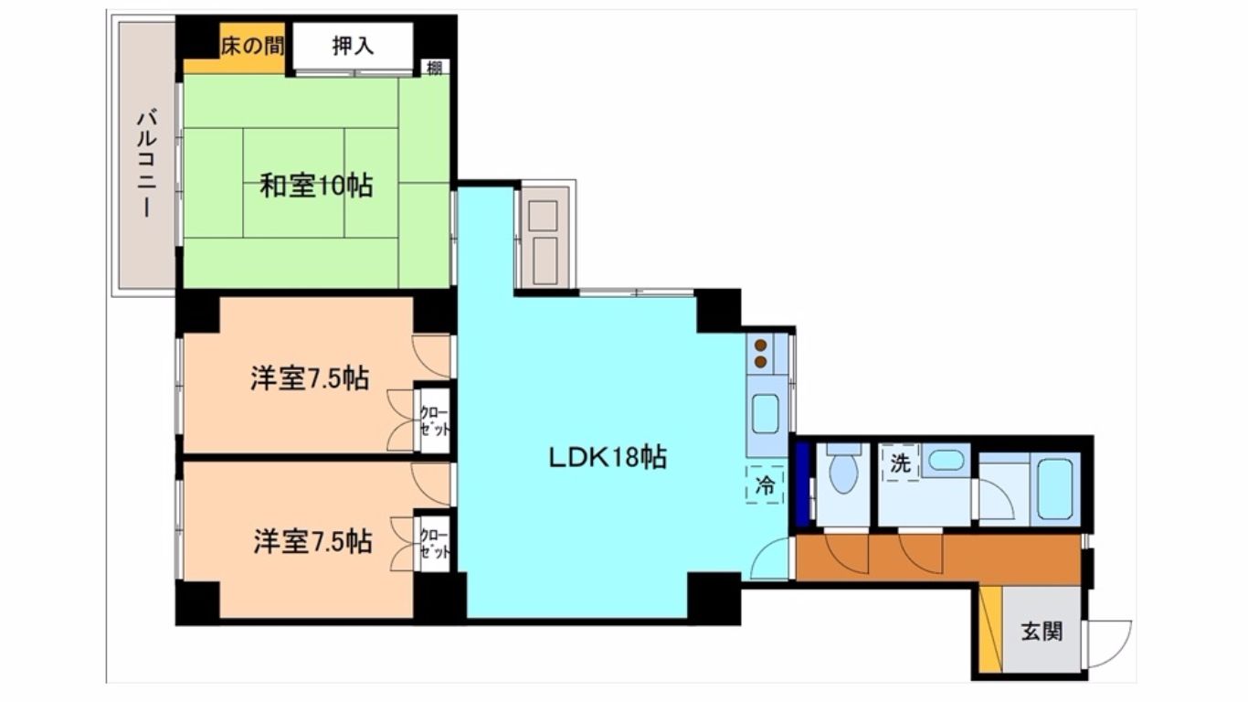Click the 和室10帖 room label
point(316,186)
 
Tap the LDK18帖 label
point(608,458)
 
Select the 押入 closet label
point(353,46)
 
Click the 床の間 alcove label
point(252,46)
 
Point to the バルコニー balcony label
point(147,164)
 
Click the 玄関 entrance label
point(1042,632)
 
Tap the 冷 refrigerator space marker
point(765,485)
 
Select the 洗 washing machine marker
point(900,463)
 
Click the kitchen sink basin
point(766,413)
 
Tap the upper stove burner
point(760,346)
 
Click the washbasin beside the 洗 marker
point(946,461)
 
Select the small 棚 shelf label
point(435,68)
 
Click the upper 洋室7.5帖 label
point(310,378)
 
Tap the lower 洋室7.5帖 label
point(313,541)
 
